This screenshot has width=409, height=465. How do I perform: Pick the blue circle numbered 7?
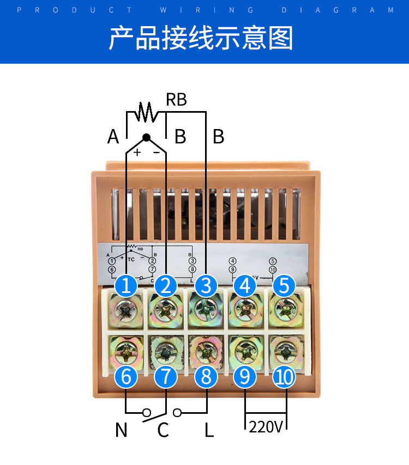click(x=166, y=377)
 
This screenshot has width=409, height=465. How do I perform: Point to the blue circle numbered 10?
click(x=284, y=377)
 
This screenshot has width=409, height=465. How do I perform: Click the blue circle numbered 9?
click(x=245, y=377)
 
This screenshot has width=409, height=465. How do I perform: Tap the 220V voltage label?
click(x=266, y=426)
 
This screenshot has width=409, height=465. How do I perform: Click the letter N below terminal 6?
click(x=121, y=430)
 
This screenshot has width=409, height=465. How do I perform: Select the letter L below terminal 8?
click(x=209, y=430)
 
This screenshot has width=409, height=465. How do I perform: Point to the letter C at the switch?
click(x=163, y=430)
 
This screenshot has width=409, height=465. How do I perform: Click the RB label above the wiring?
click(x=176, y=100)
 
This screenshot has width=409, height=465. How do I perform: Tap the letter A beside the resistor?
click(x=113, y=137)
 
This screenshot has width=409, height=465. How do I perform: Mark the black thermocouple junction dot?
click(x=146, y=137)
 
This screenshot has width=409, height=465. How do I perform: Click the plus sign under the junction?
click(x=137, y=152)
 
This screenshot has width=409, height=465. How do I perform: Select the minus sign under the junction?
click(x=157, y=152)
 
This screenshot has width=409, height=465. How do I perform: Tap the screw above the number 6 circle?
click(x=126, y=353)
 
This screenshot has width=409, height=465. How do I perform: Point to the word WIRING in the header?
click(x=207, y=10)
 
